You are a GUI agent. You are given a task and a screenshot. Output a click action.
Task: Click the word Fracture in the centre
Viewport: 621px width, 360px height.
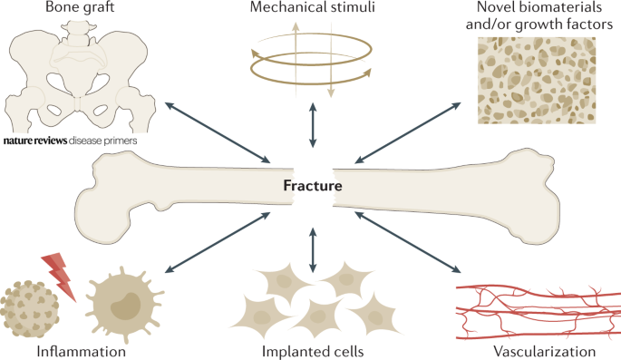(x=310, y=188)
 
